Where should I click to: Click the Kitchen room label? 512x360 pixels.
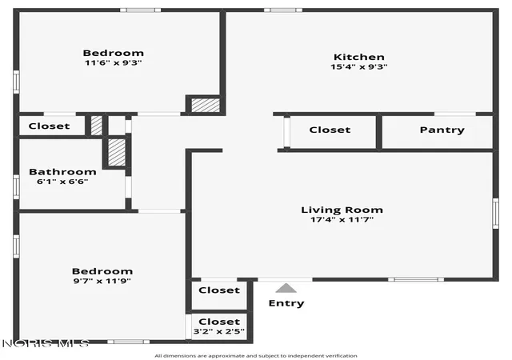click(359, 57)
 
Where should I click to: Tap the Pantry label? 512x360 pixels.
click(442, 130)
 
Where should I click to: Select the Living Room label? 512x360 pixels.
click(342, 210)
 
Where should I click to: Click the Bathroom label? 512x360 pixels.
click(62, 172)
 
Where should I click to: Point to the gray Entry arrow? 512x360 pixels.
click(286, 288)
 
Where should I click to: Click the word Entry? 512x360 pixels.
click(286, 303)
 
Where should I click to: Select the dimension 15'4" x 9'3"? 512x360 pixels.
click(359, 66)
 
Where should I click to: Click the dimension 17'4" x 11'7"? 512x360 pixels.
click(342, 219)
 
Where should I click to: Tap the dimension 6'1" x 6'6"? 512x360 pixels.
click(62, 182)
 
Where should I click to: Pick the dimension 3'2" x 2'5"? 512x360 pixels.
click(218, 331)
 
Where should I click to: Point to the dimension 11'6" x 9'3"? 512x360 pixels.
click(114, 62)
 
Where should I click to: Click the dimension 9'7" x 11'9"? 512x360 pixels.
click(102, 281)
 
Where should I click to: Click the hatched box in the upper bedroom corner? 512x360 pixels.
click(206, 105)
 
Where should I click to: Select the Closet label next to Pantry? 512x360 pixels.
click(330, 130)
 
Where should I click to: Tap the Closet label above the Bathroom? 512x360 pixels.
click(49, 126)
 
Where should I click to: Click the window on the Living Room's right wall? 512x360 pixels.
click(496, 214)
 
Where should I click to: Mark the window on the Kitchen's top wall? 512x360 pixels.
click(283, 10)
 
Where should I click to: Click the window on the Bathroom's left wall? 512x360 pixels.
click(16, 187)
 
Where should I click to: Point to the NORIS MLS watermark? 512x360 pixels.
click(46, 343)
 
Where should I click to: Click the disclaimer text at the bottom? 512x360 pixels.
click(256, 356)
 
